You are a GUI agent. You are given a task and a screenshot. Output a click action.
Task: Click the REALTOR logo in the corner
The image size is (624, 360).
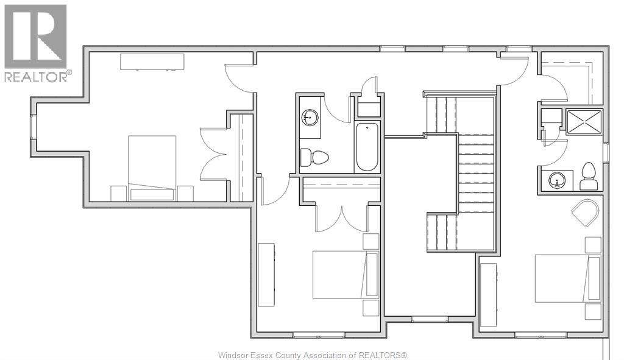36,43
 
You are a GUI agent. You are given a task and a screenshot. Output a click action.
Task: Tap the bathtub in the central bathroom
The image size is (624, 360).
367,147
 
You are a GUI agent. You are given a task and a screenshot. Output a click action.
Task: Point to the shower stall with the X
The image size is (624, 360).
583,121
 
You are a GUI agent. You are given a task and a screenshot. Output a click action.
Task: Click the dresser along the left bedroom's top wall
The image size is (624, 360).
152,62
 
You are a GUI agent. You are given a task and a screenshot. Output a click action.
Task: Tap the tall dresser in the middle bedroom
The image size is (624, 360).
266,274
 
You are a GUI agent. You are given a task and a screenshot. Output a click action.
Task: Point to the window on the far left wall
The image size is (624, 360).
34,127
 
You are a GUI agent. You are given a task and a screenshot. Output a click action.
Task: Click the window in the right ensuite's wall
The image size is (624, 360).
606,152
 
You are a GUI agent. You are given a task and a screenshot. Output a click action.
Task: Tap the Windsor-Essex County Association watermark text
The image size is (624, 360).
312,355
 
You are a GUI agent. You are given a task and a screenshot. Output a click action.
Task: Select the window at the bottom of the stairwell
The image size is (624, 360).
430,319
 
